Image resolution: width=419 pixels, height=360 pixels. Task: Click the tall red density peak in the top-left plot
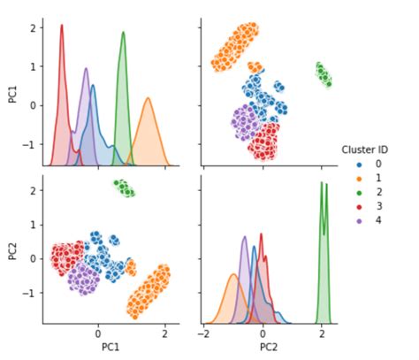(x=62, y=27)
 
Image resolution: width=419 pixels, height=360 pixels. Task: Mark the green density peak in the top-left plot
(x=123, y=34)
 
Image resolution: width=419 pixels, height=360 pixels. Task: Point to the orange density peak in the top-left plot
(x=148, y=99)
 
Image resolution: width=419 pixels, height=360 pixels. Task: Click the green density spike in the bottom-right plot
(x=323, y=184)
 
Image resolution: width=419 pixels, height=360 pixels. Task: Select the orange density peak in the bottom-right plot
(x=233, y=276)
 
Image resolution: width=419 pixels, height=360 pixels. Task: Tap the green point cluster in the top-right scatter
(x=324, y=75)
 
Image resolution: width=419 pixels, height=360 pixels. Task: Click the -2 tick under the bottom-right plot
(x=203, y=335)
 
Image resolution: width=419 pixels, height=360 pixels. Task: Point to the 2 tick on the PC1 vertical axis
(x=32, y=27)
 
